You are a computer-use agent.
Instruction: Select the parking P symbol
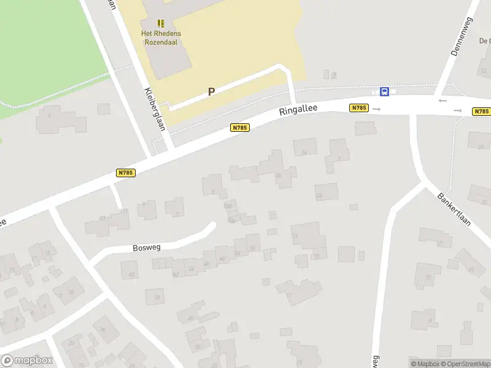[211, 91]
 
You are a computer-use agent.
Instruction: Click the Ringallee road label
[298, 110]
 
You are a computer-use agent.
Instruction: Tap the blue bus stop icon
[384, 92]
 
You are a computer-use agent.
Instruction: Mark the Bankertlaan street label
[454, 210]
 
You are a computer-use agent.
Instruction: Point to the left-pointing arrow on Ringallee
[443, 101]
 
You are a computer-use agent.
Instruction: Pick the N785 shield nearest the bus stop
[358, 108]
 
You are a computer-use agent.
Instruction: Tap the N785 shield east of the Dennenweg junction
[481, 112]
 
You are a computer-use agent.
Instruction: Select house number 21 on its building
[295, 236]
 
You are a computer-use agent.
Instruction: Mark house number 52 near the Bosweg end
[253, 248]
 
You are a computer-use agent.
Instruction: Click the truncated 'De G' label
[484, 41]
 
